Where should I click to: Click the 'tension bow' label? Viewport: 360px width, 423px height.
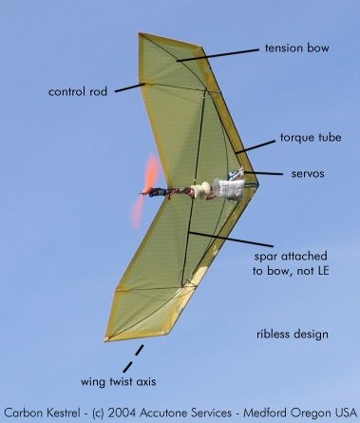tap(297, 48)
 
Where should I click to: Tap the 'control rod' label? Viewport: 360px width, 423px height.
tap(78, 91)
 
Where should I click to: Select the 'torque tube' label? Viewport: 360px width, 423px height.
tap(311, 138)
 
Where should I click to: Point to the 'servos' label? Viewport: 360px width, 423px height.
tap(308, 174)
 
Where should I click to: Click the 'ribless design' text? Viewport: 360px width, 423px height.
tap(293, 335)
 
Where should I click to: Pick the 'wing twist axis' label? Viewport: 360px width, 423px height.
tap(118, 381)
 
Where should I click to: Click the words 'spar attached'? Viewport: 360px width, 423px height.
tap(291, 256)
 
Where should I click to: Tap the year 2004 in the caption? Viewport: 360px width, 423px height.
tap(122, 413)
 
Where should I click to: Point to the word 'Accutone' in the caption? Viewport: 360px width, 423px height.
tap(164, 413)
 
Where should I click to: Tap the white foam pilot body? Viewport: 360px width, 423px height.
tap(229, 188)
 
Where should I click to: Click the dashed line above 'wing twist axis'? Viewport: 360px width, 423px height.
tap(133, 358)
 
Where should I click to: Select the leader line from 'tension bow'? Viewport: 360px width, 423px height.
tap(218, 55)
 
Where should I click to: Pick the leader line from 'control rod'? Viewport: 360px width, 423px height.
tap(130, 87)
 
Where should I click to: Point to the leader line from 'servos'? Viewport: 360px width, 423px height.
tap(263, 173)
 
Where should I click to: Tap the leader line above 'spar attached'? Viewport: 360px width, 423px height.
tap(231, 239)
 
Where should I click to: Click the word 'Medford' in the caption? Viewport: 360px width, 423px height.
tap(265, 413)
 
